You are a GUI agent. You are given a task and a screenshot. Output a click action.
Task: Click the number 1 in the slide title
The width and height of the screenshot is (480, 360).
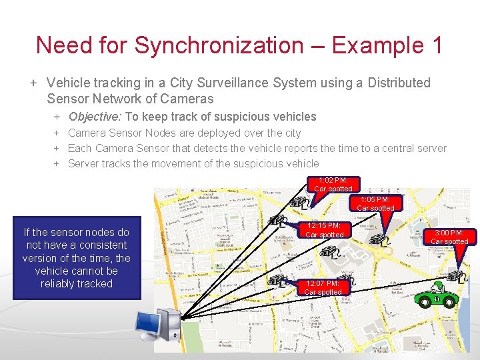[x=437, y=45]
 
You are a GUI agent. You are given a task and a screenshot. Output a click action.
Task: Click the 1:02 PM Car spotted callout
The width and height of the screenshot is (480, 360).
[x=333, y=185]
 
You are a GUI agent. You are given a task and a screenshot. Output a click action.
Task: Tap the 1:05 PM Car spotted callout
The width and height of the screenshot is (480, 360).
[x=375, y=204]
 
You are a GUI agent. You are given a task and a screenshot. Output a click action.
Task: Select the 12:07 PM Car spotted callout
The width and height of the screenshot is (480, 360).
[x=323, y=287]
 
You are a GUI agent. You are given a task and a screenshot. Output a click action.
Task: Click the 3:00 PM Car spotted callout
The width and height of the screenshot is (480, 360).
[x=449, y=237]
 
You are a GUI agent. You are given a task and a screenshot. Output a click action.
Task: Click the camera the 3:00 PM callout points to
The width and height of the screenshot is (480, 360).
[x=456, y=275]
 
